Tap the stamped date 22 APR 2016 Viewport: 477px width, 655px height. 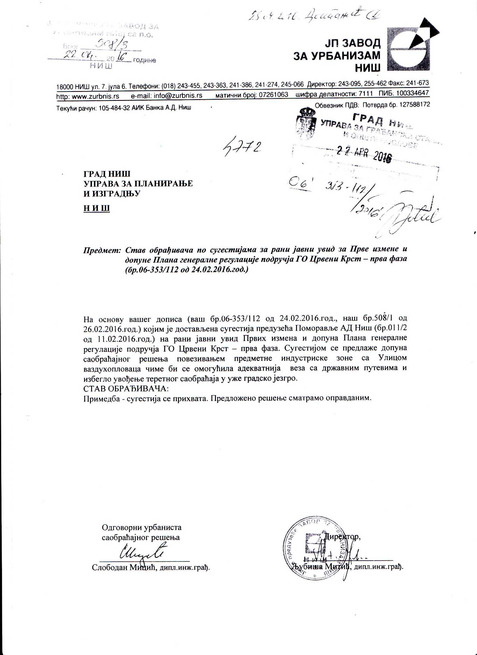[x=365, y=155]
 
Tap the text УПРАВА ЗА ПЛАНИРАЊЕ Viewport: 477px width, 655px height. [x=138, y=184]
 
